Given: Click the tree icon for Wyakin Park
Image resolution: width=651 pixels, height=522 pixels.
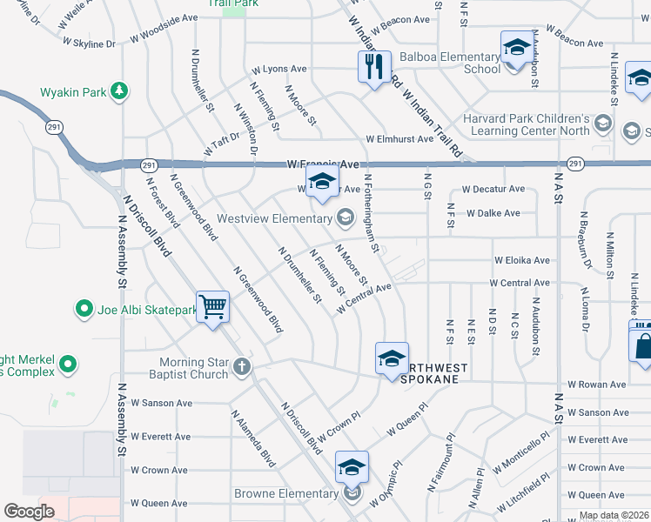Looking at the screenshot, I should coord(118,91).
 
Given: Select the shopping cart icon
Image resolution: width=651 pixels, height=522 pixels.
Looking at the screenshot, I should coord(212,307).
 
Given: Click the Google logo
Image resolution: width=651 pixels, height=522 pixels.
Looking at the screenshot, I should coord(30,511).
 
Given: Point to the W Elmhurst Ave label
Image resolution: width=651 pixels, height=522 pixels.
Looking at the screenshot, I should coord(399,139).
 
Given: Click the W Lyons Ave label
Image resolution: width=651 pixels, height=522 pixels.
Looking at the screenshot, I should coord(279,69).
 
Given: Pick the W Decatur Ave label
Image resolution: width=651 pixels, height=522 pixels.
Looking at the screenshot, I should coord(493,189).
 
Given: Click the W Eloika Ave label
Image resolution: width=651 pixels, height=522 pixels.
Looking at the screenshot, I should coord(522,260).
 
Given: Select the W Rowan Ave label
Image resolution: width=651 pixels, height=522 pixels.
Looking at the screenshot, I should coord(596,384).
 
